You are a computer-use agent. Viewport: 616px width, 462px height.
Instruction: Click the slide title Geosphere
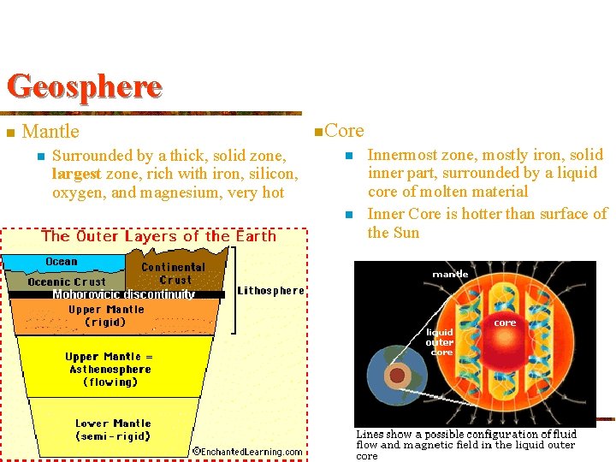[84, 86]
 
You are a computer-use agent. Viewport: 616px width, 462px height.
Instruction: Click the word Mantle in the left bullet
[50, 132]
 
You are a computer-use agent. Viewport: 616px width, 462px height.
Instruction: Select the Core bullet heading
[344, 131]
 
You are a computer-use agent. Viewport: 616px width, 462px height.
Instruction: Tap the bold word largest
[76, 174]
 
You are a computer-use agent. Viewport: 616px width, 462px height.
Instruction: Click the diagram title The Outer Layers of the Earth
[158, 236]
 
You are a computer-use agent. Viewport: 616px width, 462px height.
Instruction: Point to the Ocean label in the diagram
[62, 262]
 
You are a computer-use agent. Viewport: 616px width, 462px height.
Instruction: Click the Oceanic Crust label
[67, 281]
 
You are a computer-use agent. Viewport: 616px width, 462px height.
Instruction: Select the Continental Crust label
[175, 273]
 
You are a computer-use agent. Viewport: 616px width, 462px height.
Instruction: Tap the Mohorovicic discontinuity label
[123, 294]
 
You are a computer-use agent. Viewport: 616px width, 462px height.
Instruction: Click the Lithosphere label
[270, 291]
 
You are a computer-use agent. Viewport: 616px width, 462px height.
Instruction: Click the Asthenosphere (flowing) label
[110, 370]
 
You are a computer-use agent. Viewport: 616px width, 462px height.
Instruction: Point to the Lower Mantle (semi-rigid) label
[113, 429]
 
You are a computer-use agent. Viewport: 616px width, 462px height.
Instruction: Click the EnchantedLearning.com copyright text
[246, 452]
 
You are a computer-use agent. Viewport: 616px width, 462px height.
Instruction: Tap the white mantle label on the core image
[450, 274]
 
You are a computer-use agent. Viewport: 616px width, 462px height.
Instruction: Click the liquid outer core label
[440, 342]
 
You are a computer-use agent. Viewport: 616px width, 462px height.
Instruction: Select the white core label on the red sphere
[505, 323]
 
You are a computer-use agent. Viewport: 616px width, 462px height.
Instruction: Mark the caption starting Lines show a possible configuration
[466, 445]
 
